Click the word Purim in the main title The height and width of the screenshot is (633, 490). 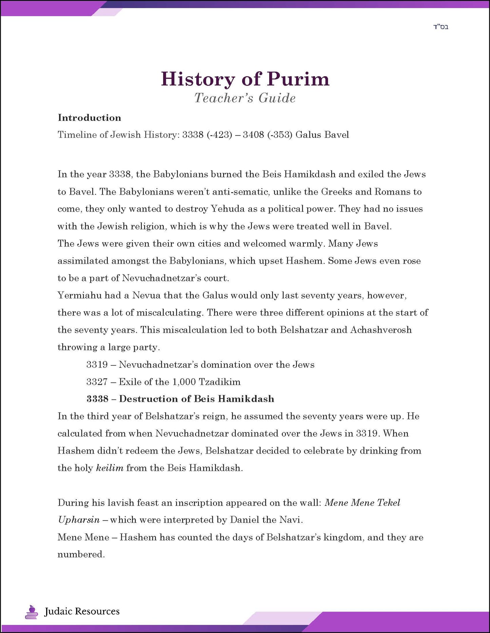click(x=298, y=79)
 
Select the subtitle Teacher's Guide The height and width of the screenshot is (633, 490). click(x=245, y=98)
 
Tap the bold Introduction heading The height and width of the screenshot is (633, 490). click(x=89, y=118)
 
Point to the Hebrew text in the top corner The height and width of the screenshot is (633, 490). click(x=440, y=27)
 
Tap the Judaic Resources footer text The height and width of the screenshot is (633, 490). click(x=82, y=611)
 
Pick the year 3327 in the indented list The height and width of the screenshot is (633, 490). click(x=97, y=382)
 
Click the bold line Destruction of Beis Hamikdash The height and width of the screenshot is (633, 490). click(x=196, y=399)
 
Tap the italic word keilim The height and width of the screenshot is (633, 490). click(x=110, y=468)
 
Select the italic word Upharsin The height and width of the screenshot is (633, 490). click(x=79, y=520)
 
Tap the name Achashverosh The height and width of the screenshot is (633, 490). click(x=381, y=330)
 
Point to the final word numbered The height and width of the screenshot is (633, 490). click(x=81, y=554)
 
